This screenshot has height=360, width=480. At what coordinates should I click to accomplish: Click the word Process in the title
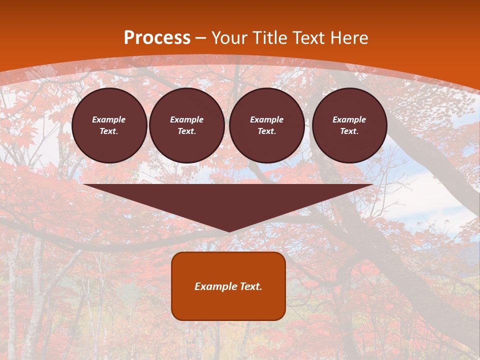(x=157, y=38)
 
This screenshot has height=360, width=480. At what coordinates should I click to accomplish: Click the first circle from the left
(x=109, y=125)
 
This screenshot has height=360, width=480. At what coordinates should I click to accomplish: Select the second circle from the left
(x=187, y=125)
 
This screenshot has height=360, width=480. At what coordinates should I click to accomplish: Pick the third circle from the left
(x=267, y=125)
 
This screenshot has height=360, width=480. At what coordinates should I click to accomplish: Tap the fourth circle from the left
(x=349, y=125)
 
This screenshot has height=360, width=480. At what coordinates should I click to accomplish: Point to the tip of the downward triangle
(x=229, y=231)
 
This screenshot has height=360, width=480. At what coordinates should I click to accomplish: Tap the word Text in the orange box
(x=250, y=286)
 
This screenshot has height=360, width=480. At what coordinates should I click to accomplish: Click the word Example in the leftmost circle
(x=109, y=120)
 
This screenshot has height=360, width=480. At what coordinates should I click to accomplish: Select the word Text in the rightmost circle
(x=349, y=131)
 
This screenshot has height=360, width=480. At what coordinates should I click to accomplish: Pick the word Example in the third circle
(x=267, y=120)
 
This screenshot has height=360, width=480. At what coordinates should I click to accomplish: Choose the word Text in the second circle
(x=187, y=131)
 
